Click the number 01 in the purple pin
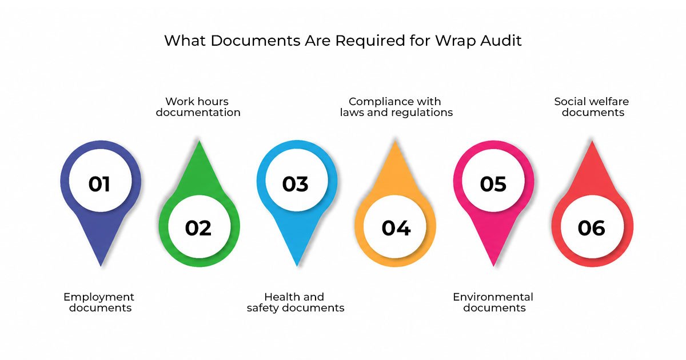99,184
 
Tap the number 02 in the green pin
198,228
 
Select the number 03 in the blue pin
295,184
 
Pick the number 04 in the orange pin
396,228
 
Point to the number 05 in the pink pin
493,184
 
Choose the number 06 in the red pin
591,228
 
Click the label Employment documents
99,302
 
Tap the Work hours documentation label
198,107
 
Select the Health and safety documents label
296,302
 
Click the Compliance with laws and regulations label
396,107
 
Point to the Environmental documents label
493,302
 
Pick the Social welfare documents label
592,107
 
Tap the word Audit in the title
501,41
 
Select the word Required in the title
370,41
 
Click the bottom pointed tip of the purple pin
101,266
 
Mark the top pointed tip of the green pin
200,141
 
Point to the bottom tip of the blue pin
297,266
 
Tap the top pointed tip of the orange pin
396,141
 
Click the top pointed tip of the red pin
592,141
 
